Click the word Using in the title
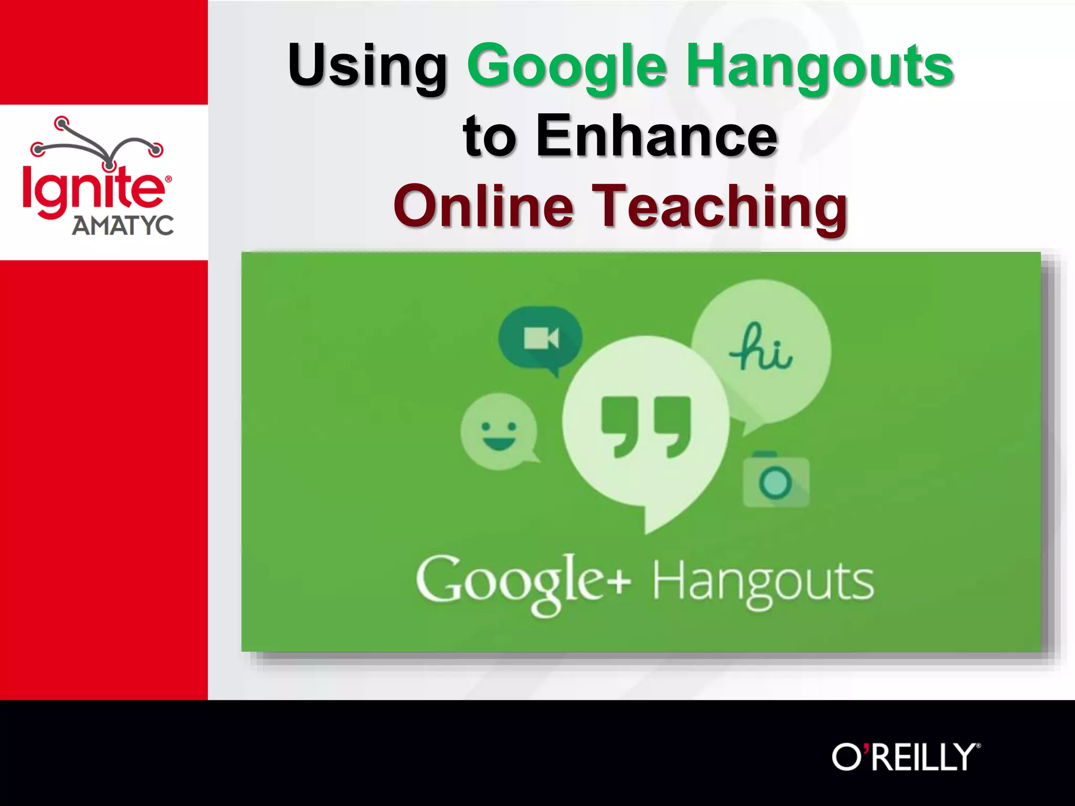point(367,66)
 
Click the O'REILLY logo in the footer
point(905,757)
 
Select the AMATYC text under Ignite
point(122,226)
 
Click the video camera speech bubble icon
point(541,338)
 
